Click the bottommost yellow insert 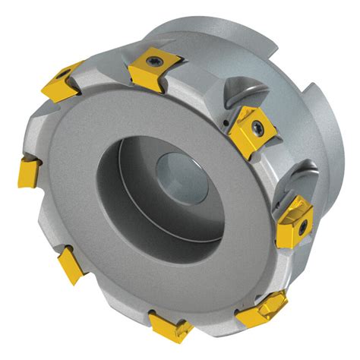[x=171, y=324]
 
